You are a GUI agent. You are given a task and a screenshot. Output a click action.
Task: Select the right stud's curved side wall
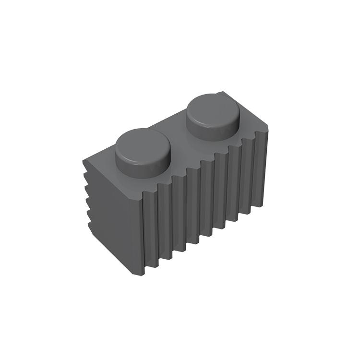pyautogui.click(x=214, y=130)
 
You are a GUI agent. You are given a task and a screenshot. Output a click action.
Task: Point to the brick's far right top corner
pyautogui.click(x=267, y=130)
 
